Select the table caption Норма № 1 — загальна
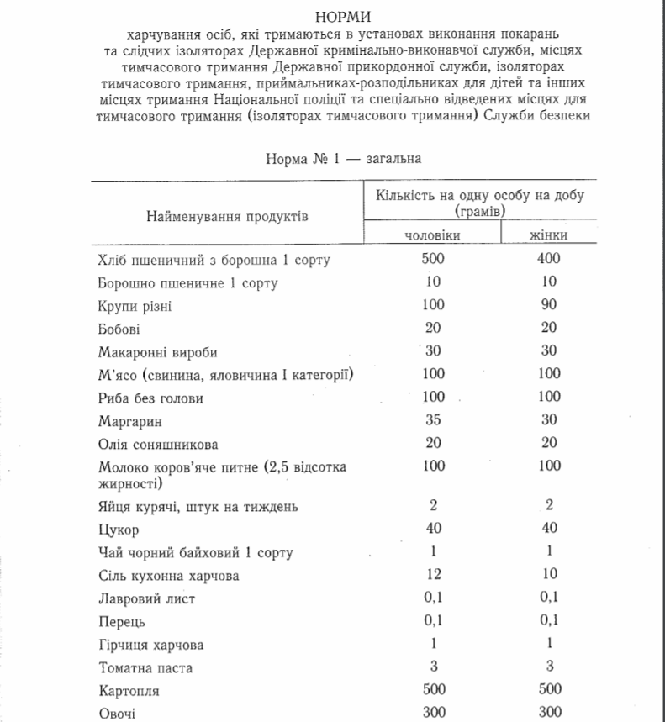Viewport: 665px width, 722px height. [x=343, y=157]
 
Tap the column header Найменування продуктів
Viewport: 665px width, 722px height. [x=228, y=216]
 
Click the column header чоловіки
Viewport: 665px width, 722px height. [x=433, y=235]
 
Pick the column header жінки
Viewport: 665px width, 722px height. [x=548, y=235]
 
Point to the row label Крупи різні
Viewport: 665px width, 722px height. [x=135, y=306]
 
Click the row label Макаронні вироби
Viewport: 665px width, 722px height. [x=151, y=352]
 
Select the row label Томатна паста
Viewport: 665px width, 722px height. [x=145, y=668]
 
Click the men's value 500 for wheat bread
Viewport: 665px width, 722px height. [x=433, y=259]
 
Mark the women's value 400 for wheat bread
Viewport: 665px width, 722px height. [x=548, y=259]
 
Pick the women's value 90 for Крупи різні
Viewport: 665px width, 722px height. [x=548, y=305]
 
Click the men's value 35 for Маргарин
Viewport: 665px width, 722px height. [x=433, y=420]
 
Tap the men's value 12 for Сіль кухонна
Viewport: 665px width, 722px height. [x=433, y=575]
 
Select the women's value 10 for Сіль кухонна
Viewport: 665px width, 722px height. [x=548, y=575]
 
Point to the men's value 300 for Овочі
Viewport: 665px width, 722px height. [x=433, y=714]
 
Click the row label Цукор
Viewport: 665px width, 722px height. [x=118, y=530]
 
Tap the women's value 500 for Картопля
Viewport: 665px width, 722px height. [x=548, y=690]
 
